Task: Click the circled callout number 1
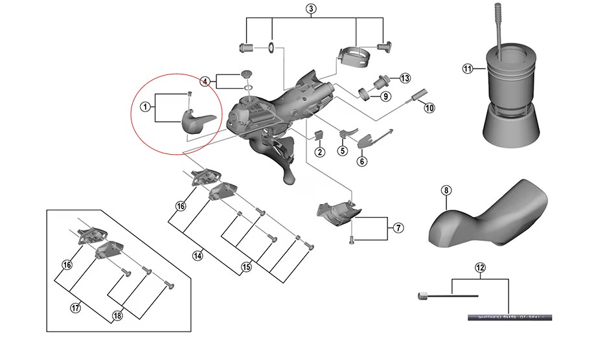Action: coord(146,106)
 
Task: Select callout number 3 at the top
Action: coord(311,8)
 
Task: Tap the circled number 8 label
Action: coord(445,190)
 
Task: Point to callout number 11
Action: coord(468,69)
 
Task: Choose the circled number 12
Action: coord(479,267)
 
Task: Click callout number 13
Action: coord(405,78)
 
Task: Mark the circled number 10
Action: coord(429,107)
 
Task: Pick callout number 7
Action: coord(398,227)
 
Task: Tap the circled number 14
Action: coord(198,255)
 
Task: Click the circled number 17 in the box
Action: coord(76,308)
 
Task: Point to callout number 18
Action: coord(117,315)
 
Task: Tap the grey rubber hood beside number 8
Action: coord(492,214)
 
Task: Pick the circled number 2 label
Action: coord(319,152)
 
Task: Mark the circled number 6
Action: coord(361,161)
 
